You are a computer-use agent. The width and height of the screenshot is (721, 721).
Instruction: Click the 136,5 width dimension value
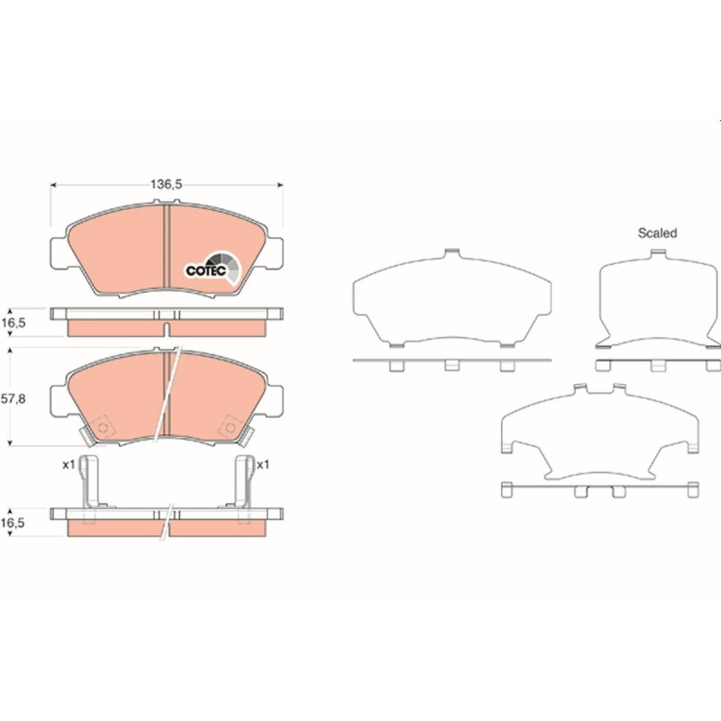click(167, 185)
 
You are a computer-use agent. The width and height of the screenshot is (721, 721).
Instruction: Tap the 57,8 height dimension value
click(13, 398)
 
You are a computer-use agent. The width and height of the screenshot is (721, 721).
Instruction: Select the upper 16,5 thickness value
click(13, 323)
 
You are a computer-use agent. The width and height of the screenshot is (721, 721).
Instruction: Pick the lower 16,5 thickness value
click(13, 523)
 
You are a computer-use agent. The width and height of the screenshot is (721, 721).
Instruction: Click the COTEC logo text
click(206, 270)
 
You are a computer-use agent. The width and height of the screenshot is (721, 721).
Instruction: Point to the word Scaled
click(658, 233)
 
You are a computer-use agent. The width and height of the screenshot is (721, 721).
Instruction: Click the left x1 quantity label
click(68, 465)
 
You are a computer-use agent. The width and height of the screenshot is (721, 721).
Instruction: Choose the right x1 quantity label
click(262, 465)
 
